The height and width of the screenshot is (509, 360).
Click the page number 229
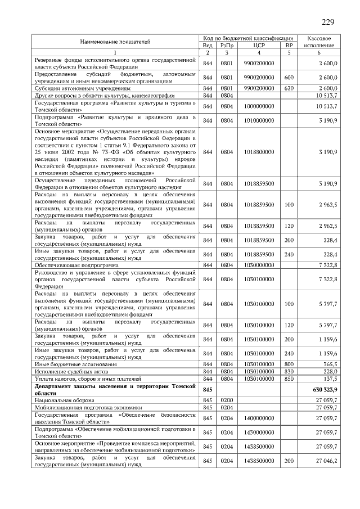[x=328, y=22]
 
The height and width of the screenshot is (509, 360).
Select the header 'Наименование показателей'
[x=115, y=42]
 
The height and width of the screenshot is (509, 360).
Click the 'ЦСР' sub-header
[x=259, y=45]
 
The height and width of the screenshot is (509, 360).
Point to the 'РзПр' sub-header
[x=227, y=45]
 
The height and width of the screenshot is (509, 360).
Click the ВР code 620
[x=289, y=88]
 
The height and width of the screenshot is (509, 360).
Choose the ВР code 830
[x=289, y=372]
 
